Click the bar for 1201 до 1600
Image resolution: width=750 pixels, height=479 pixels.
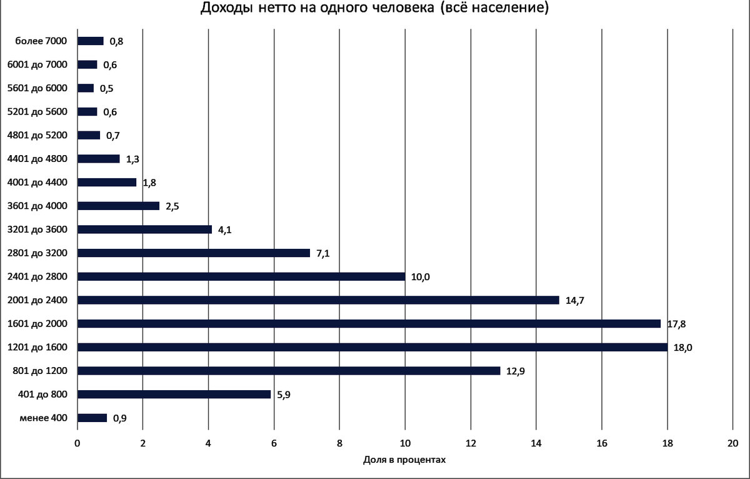pyautogui.click(x=372, y=347)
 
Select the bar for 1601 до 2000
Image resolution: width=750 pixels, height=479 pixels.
pyautogui.click(x=369, y=323)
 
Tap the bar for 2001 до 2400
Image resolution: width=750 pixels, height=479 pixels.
pyautogui.click(x=318, y=300)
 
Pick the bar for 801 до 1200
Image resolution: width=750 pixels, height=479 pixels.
pyautogui.click(x=289, y=371)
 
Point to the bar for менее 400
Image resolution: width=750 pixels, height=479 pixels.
pyautogui.click(x=92, y=418)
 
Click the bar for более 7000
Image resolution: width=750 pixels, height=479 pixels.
pyautogui.click(x=90, y=41)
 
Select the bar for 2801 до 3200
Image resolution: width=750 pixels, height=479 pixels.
pyautogui.click(x=194, y=253)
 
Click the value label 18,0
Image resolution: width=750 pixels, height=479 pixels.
pyautogui.click(x=682, y=348)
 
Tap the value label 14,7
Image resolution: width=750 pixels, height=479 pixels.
pyautogui.click(x=574, y=301)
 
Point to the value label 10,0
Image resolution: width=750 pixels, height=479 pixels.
pyautogui.click(x=420, y=277)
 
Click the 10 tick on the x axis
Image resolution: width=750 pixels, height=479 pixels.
pyautogui.click(x=405, y=443)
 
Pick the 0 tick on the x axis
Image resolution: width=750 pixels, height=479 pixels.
pyautogui.click(x=77, y=443)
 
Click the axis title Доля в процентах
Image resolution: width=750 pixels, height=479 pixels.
pyautogui.click(x=404, y=460)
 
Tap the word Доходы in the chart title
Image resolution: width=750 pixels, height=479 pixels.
pyautogui.click(x=227, y=9)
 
